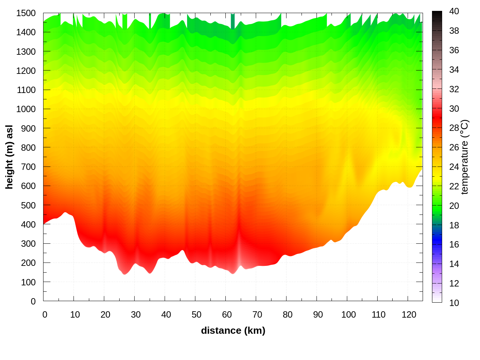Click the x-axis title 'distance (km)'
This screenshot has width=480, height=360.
[x=233, y=330]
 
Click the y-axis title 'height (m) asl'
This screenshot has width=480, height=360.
[x=9, y=157]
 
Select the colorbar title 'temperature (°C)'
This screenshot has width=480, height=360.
[x=464, y=157]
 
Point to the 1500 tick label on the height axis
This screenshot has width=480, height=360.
[x=26, y=13]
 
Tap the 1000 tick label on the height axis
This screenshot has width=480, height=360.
[x=26, y=109]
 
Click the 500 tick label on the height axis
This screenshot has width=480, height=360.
[x=28, y=205]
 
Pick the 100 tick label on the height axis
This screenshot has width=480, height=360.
[x=28, y=282]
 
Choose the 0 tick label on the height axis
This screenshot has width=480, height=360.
[x=33, y=301]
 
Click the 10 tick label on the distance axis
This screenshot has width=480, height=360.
[x=75, y=315]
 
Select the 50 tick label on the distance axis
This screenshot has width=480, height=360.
[x=196, y=315]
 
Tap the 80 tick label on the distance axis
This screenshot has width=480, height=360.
[x=288, y=315]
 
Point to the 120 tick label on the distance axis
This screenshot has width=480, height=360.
[x=409, y=315]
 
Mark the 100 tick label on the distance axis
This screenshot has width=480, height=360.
[x=348, y=315]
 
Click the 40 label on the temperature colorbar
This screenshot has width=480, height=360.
[x=454, y=11]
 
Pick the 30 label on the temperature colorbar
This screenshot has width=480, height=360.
[x=454, y=109]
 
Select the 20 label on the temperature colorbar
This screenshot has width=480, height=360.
[x=454, y=205]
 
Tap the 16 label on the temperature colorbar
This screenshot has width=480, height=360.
[x=454, y=244]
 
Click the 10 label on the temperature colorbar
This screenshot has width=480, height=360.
[x=454, y=303]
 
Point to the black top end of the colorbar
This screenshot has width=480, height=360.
[x=437, y=14]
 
